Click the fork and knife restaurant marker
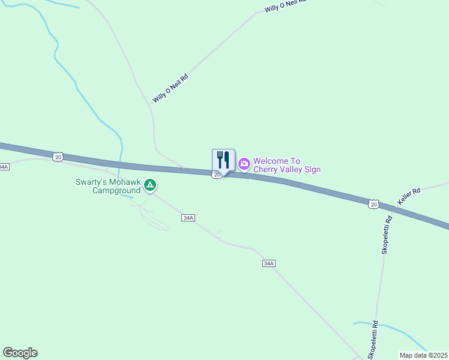pos(223,160)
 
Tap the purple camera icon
pos(244,164)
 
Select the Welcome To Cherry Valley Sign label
pos(286,165)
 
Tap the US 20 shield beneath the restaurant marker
pos(217,175)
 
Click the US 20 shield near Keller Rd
pos(373,205)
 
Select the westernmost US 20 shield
pos(58,157)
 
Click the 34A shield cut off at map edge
pos(4,166)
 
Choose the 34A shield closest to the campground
pos(187,218)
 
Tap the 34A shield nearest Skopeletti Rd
pos(268,263)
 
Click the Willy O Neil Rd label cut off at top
pos(285,6)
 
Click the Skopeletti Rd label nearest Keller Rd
pos(387,235)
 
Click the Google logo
pos(20,352)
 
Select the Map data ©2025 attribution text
pos(423,355)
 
